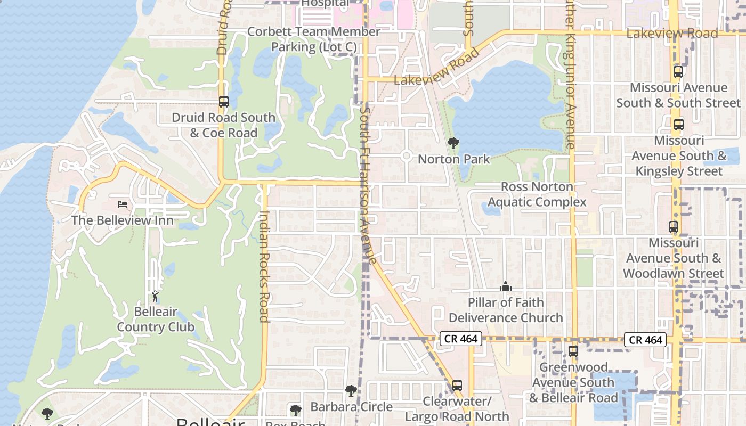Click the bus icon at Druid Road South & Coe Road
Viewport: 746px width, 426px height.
224,101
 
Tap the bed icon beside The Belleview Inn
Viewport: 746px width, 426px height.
123,204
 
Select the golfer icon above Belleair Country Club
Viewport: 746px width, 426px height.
155,296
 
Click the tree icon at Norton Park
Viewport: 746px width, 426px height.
453,143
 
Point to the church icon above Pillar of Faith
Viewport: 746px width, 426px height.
505,286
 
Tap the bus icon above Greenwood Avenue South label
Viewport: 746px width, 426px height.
573,351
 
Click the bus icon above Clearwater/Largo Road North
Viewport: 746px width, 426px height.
457,385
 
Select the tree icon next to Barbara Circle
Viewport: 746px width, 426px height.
351,391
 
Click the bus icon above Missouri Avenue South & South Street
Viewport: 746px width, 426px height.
678,71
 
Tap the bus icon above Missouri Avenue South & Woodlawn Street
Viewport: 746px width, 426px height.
674,226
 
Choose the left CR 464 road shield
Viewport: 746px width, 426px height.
461,338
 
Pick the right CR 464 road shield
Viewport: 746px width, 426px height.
646,340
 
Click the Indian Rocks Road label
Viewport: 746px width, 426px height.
264,266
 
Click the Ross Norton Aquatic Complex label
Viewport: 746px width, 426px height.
537,194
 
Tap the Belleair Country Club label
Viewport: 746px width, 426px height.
156,319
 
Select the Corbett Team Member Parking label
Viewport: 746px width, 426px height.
314,39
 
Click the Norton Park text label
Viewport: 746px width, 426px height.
454,159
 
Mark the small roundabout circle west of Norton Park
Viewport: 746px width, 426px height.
406,156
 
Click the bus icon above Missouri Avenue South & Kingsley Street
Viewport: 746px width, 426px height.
678,125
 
